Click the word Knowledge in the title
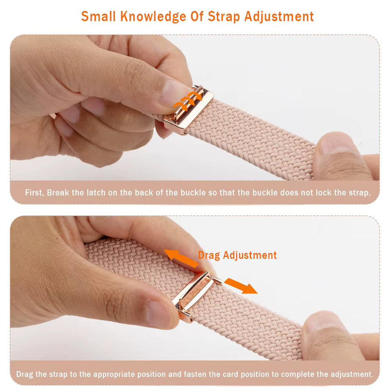click(x=153, y=17)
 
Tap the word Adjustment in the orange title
click(x=279, y=17)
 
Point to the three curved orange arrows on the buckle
click(x=188, y=100)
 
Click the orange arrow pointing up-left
click(x=181, y=258)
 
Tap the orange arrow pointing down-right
click(x=241, y=286)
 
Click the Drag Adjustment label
click(x=237, y=255)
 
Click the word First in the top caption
click(x=34, y=192)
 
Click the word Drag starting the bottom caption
click(x=24, y=374)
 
